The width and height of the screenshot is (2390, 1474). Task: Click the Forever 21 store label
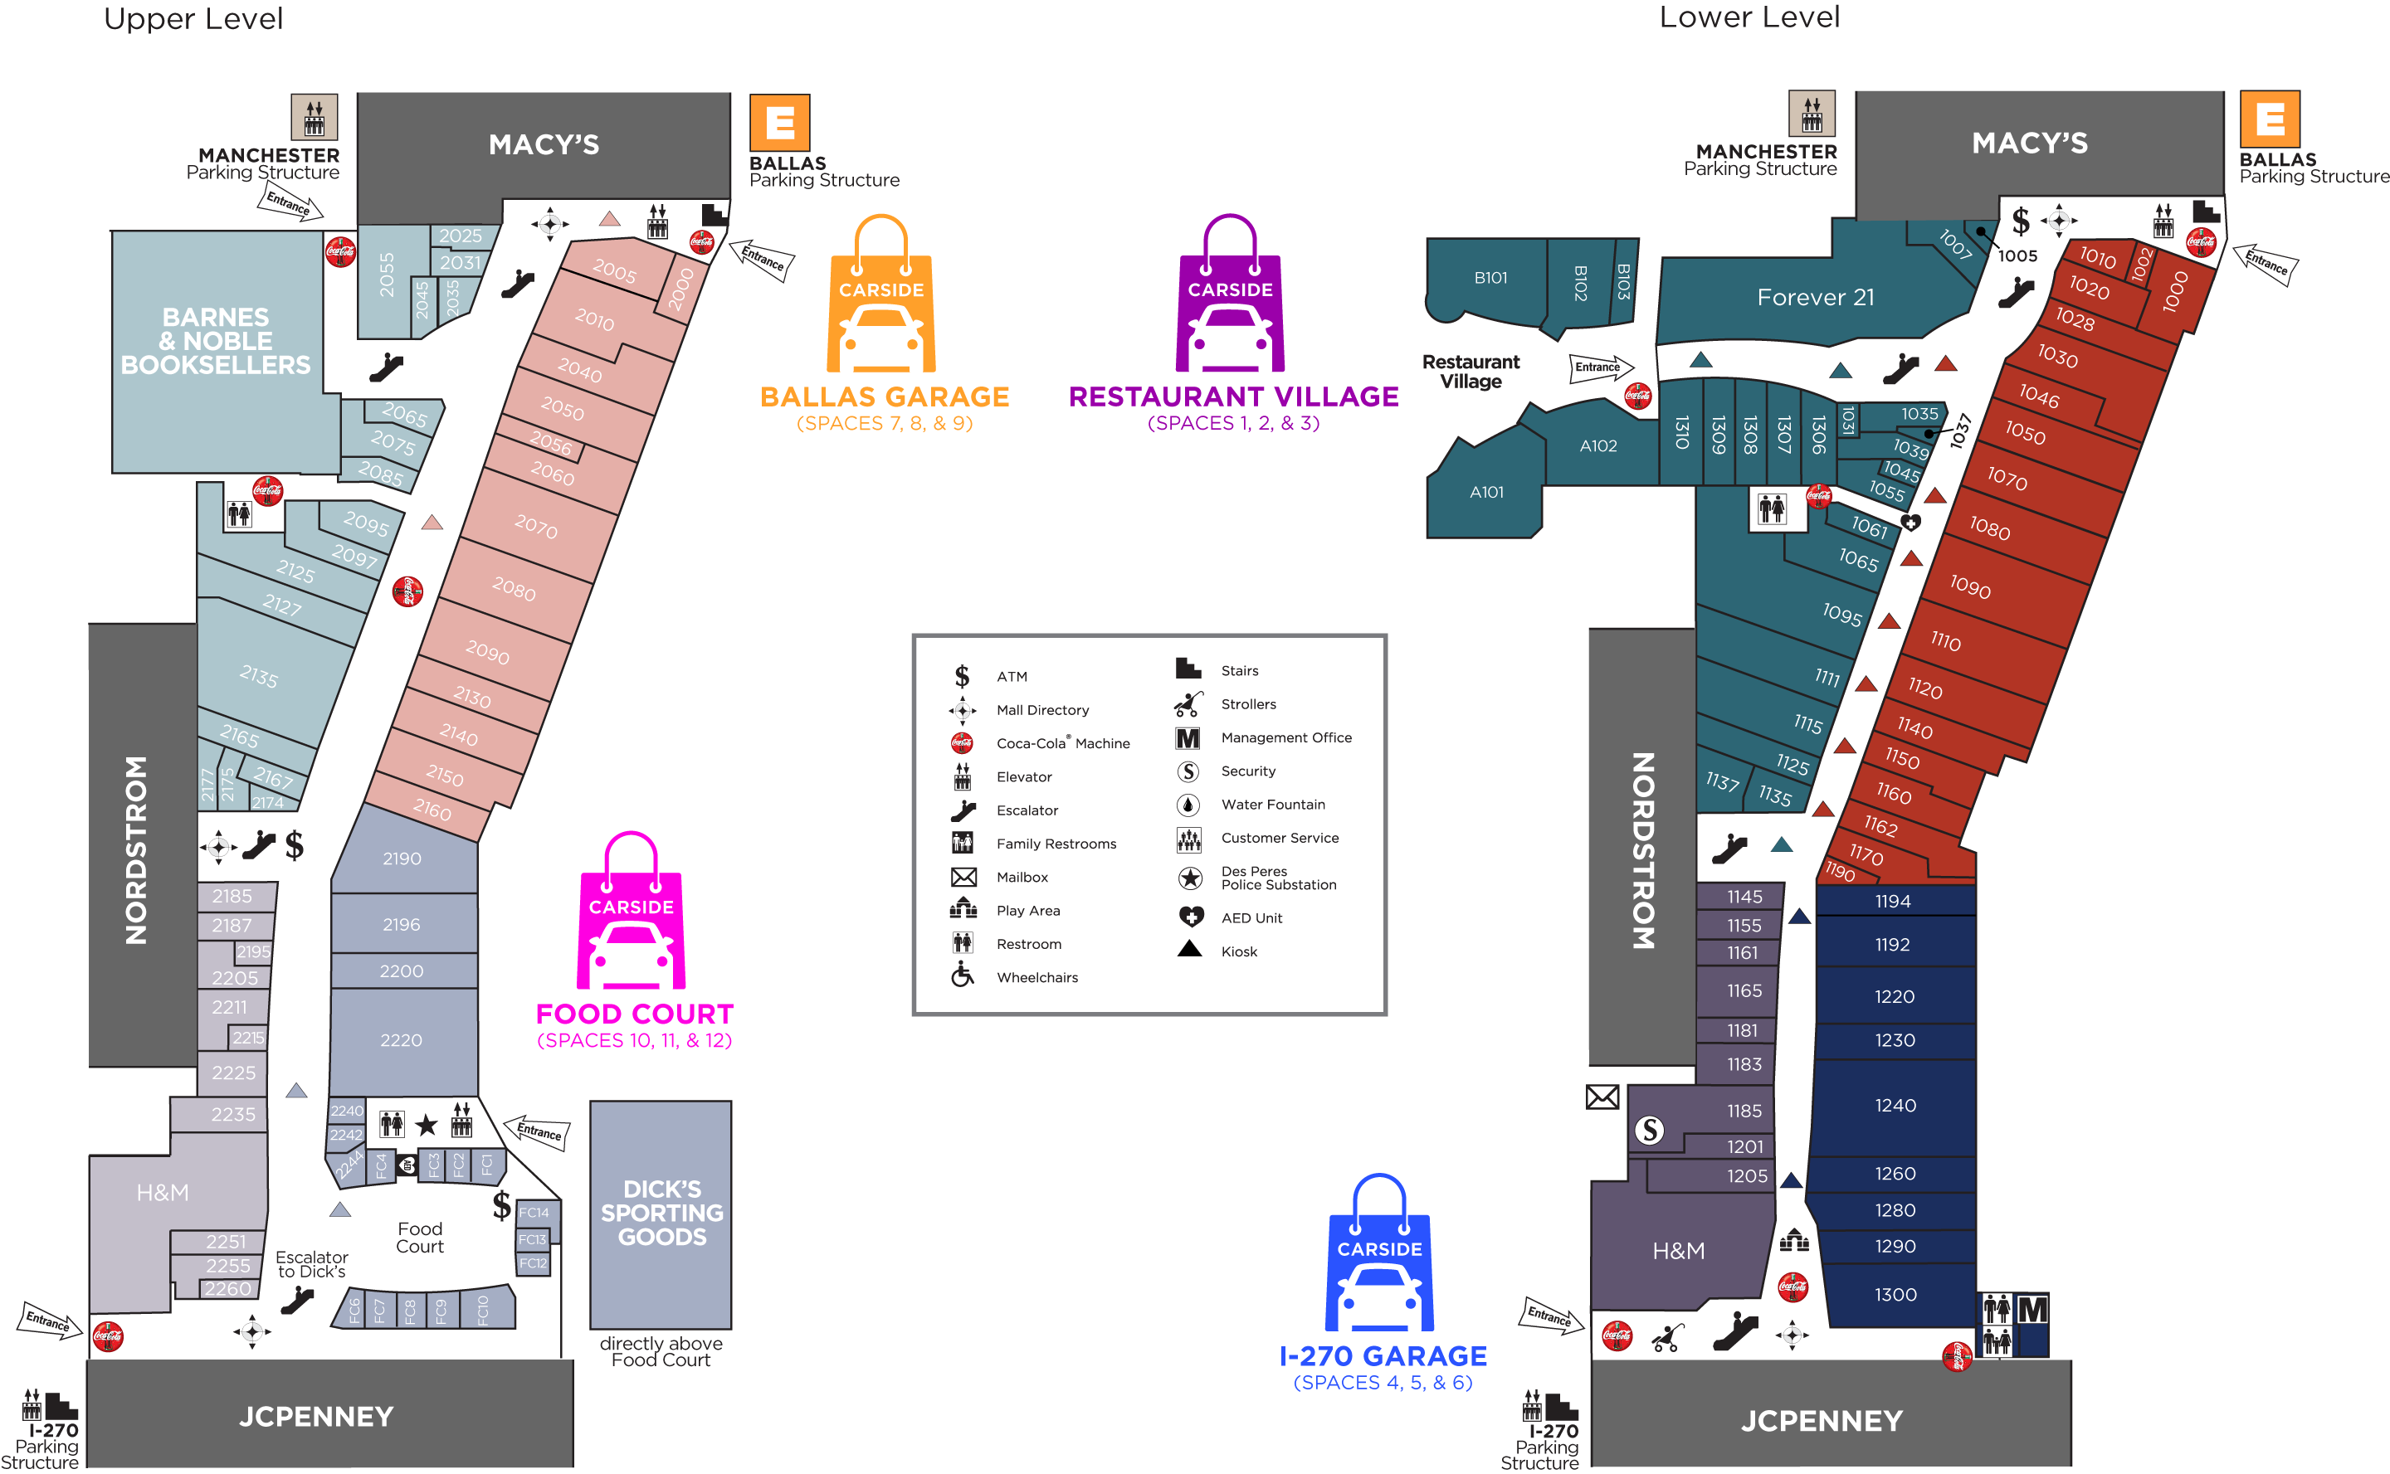tap(1815, 297)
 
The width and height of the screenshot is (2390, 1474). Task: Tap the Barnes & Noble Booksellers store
tap(216, 341)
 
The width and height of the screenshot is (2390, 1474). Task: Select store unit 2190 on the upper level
tap(402, 859)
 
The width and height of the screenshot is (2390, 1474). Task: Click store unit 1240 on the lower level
tap(1895, 1106)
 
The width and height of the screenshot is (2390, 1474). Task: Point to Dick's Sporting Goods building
tap(661, 1213)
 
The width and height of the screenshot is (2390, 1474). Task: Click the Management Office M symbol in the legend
tap(1188, 738)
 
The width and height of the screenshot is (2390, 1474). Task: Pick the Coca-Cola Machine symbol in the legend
tap(962, 743)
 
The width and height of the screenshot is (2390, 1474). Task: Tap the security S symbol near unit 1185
tap(1649, 1130)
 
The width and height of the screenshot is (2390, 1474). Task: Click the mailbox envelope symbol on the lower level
tap(1602, 1097)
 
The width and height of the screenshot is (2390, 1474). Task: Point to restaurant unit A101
tap(1486, 493)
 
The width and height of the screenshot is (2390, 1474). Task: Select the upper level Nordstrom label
tap(137, 849)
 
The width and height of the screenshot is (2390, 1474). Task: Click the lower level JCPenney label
tap(1821, 1420)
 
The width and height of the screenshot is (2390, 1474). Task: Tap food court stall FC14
tap(534, 1213)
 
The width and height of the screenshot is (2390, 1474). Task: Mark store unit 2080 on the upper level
tap(514, 589)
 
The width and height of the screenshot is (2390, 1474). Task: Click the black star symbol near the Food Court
tap(426, 1126)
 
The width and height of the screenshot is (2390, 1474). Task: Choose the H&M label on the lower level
tap(1678, 1251)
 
